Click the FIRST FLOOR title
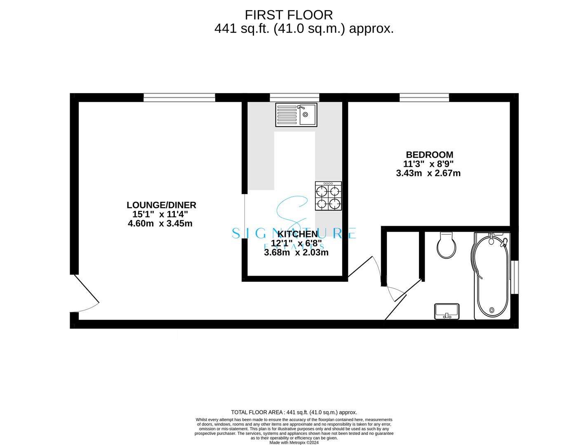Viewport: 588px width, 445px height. [289, 15]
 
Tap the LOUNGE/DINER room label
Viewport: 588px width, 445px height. [161, 205]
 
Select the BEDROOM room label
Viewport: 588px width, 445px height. [429, 155]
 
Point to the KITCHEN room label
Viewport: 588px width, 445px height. [297, 234]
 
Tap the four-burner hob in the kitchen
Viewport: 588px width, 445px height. [328, 196]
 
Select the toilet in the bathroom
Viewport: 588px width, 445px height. [446, 245]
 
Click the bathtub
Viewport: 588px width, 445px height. [492, 276]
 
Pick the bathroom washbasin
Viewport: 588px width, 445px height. [447, 311]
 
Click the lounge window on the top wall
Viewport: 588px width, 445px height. [179, 97]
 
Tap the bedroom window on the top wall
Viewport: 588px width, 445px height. [424, 97]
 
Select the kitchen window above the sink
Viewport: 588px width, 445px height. [294, 97]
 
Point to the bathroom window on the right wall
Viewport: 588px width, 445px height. [515, 277]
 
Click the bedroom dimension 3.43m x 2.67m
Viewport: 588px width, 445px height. [428, 173]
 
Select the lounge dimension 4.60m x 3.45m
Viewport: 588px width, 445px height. [160, 223]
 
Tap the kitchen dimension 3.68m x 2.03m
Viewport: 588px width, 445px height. [296, 252]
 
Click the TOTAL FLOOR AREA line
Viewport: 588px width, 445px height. [294, 412]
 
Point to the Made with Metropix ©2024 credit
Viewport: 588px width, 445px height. [294, 443]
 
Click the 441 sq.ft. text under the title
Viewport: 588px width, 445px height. [242, 28]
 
